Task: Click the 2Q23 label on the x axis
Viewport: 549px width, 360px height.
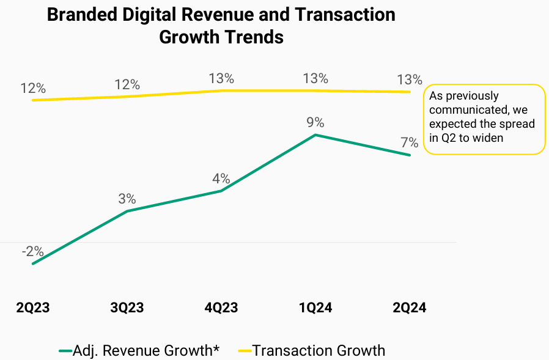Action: [32, 307]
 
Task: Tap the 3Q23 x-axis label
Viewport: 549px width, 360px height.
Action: [127, 307]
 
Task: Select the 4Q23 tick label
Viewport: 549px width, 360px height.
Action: [221, 307]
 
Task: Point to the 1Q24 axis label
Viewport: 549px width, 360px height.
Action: [315, 307]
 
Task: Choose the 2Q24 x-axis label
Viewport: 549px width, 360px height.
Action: [409, 307]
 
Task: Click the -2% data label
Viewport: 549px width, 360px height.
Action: [32, 251]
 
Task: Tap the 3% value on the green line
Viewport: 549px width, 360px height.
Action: [127, 199]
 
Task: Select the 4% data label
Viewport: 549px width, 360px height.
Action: [221, 178]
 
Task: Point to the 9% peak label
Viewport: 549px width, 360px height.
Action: [315, 122]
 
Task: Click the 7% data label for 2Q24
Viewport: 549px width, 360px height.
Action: [409, 143]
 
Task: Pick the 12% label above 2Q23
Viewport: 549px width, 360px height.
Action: [32, 88]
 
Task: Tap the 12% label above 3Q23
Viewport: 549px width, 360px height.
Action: [127, 84]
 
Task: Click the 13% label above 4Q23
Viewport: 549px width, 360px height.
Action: [221, 78]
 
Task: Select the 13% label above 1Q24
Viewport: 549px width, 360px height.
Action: [315, 78]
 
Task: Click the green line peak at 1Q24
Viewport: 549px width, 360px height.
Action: [315, 134]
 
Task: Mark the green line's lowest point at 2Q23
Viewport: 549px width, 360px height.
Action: [32, 264]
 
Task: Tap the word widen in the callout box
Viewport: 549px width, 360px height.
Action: [485, 138]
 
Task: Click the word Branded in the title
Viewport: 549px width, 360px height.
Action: [82, 15]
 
